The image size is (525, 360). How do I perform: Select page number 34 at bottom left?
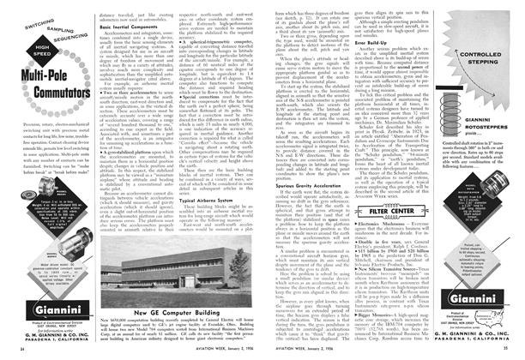(19, 351)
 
